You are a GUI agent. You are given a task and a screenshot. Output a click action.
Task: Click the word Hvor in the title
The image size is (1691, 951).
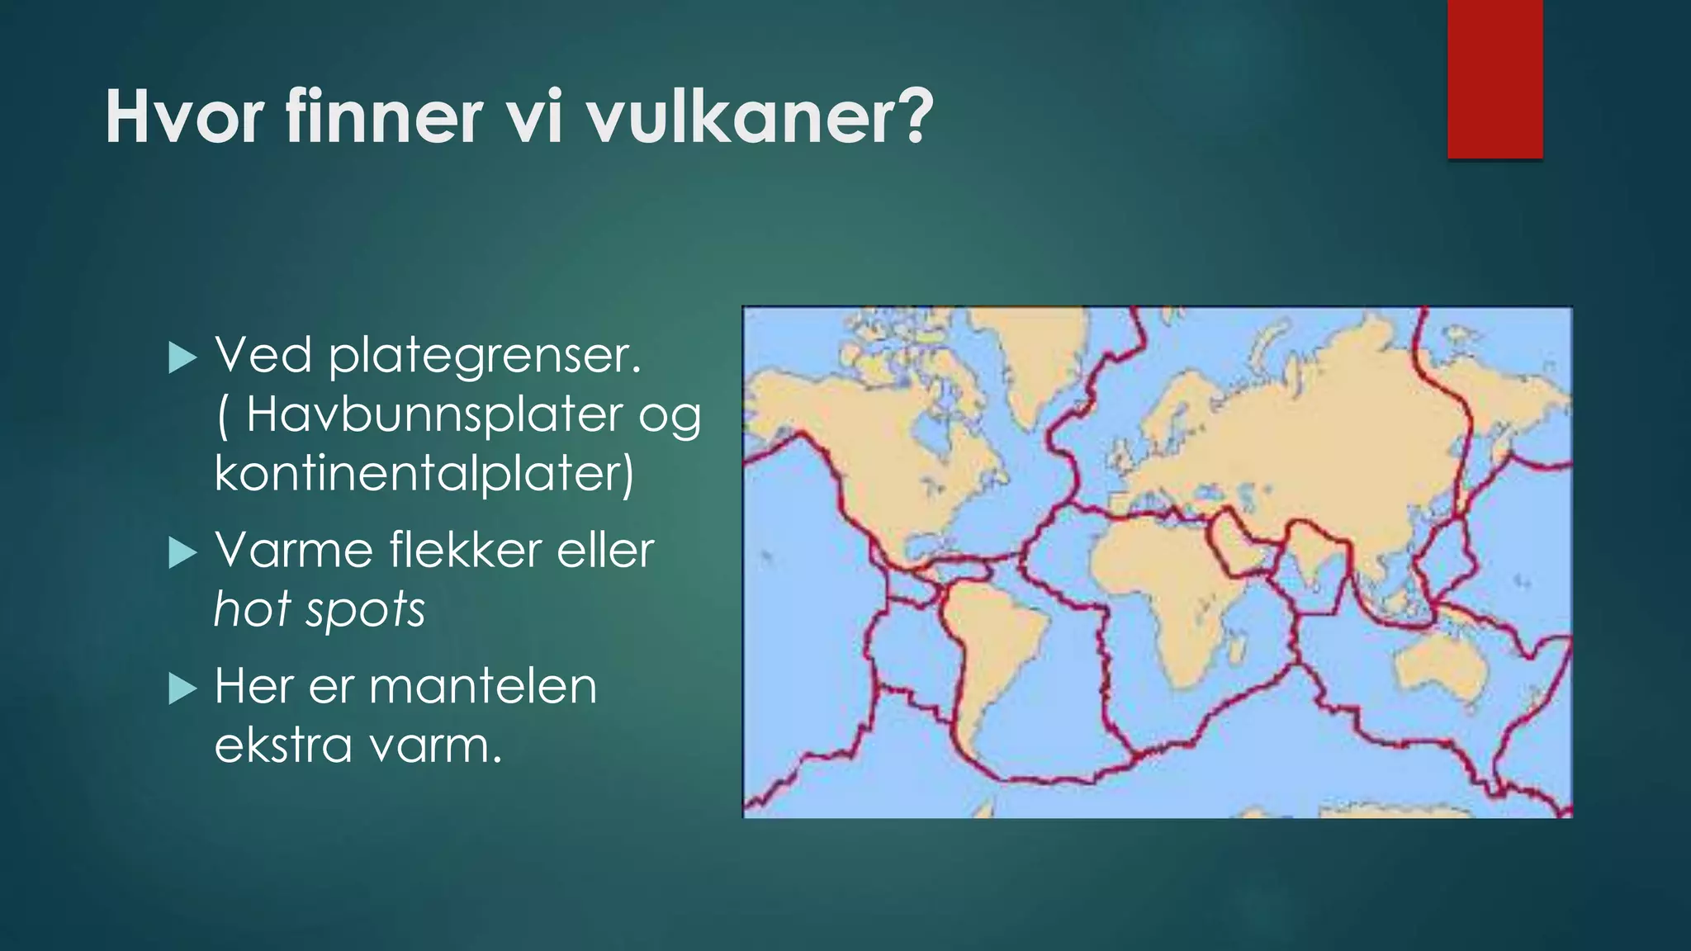coord(184,117)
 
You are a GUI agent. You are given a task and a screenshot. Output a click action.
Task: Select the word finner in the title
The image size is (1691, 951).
coord(383,117)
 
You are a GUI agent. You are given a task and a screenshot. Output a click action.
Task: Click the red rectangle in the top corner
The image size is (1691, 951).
coord(1494,79)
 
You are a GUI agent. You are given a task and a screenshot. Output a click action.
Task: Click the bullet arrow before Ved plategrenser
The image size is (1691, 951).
coord(182,358)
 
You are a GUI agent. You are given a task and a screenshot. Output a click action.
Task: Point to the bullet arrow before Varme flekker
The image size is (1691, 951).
coord(182,552)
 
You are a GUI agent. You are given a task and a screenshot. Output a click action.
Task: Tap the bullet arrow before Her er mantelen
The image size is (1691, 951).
coord(182,688)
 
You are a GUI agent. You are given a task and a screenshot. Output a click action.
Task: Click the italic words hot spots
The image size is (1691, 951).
coord(320,609)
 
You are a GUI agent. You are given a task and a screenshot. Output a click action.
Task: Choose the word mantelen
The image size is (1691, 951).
coord(483,686)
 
